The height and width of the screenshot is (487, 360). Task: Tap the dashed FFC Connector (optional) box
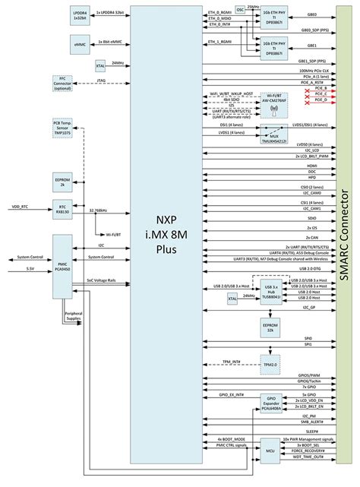(x=62, y=82)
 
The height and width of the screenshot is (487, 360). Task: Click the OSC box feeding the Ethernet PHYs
(x=241, y=10)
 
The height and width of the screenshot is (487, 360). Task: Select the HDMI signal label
(x=311, y=163)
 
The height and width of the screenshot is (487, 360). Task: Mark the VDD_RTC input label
(x=21, y=206)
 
